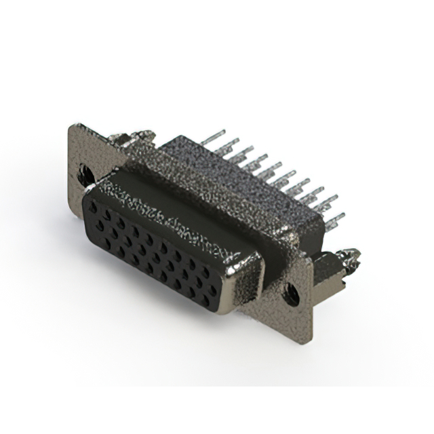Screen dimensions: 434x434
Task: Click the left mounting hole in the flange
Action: [x=85, y=174]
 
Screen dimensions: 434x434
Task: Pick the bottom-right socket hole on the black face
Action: [x=216, y=294]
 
